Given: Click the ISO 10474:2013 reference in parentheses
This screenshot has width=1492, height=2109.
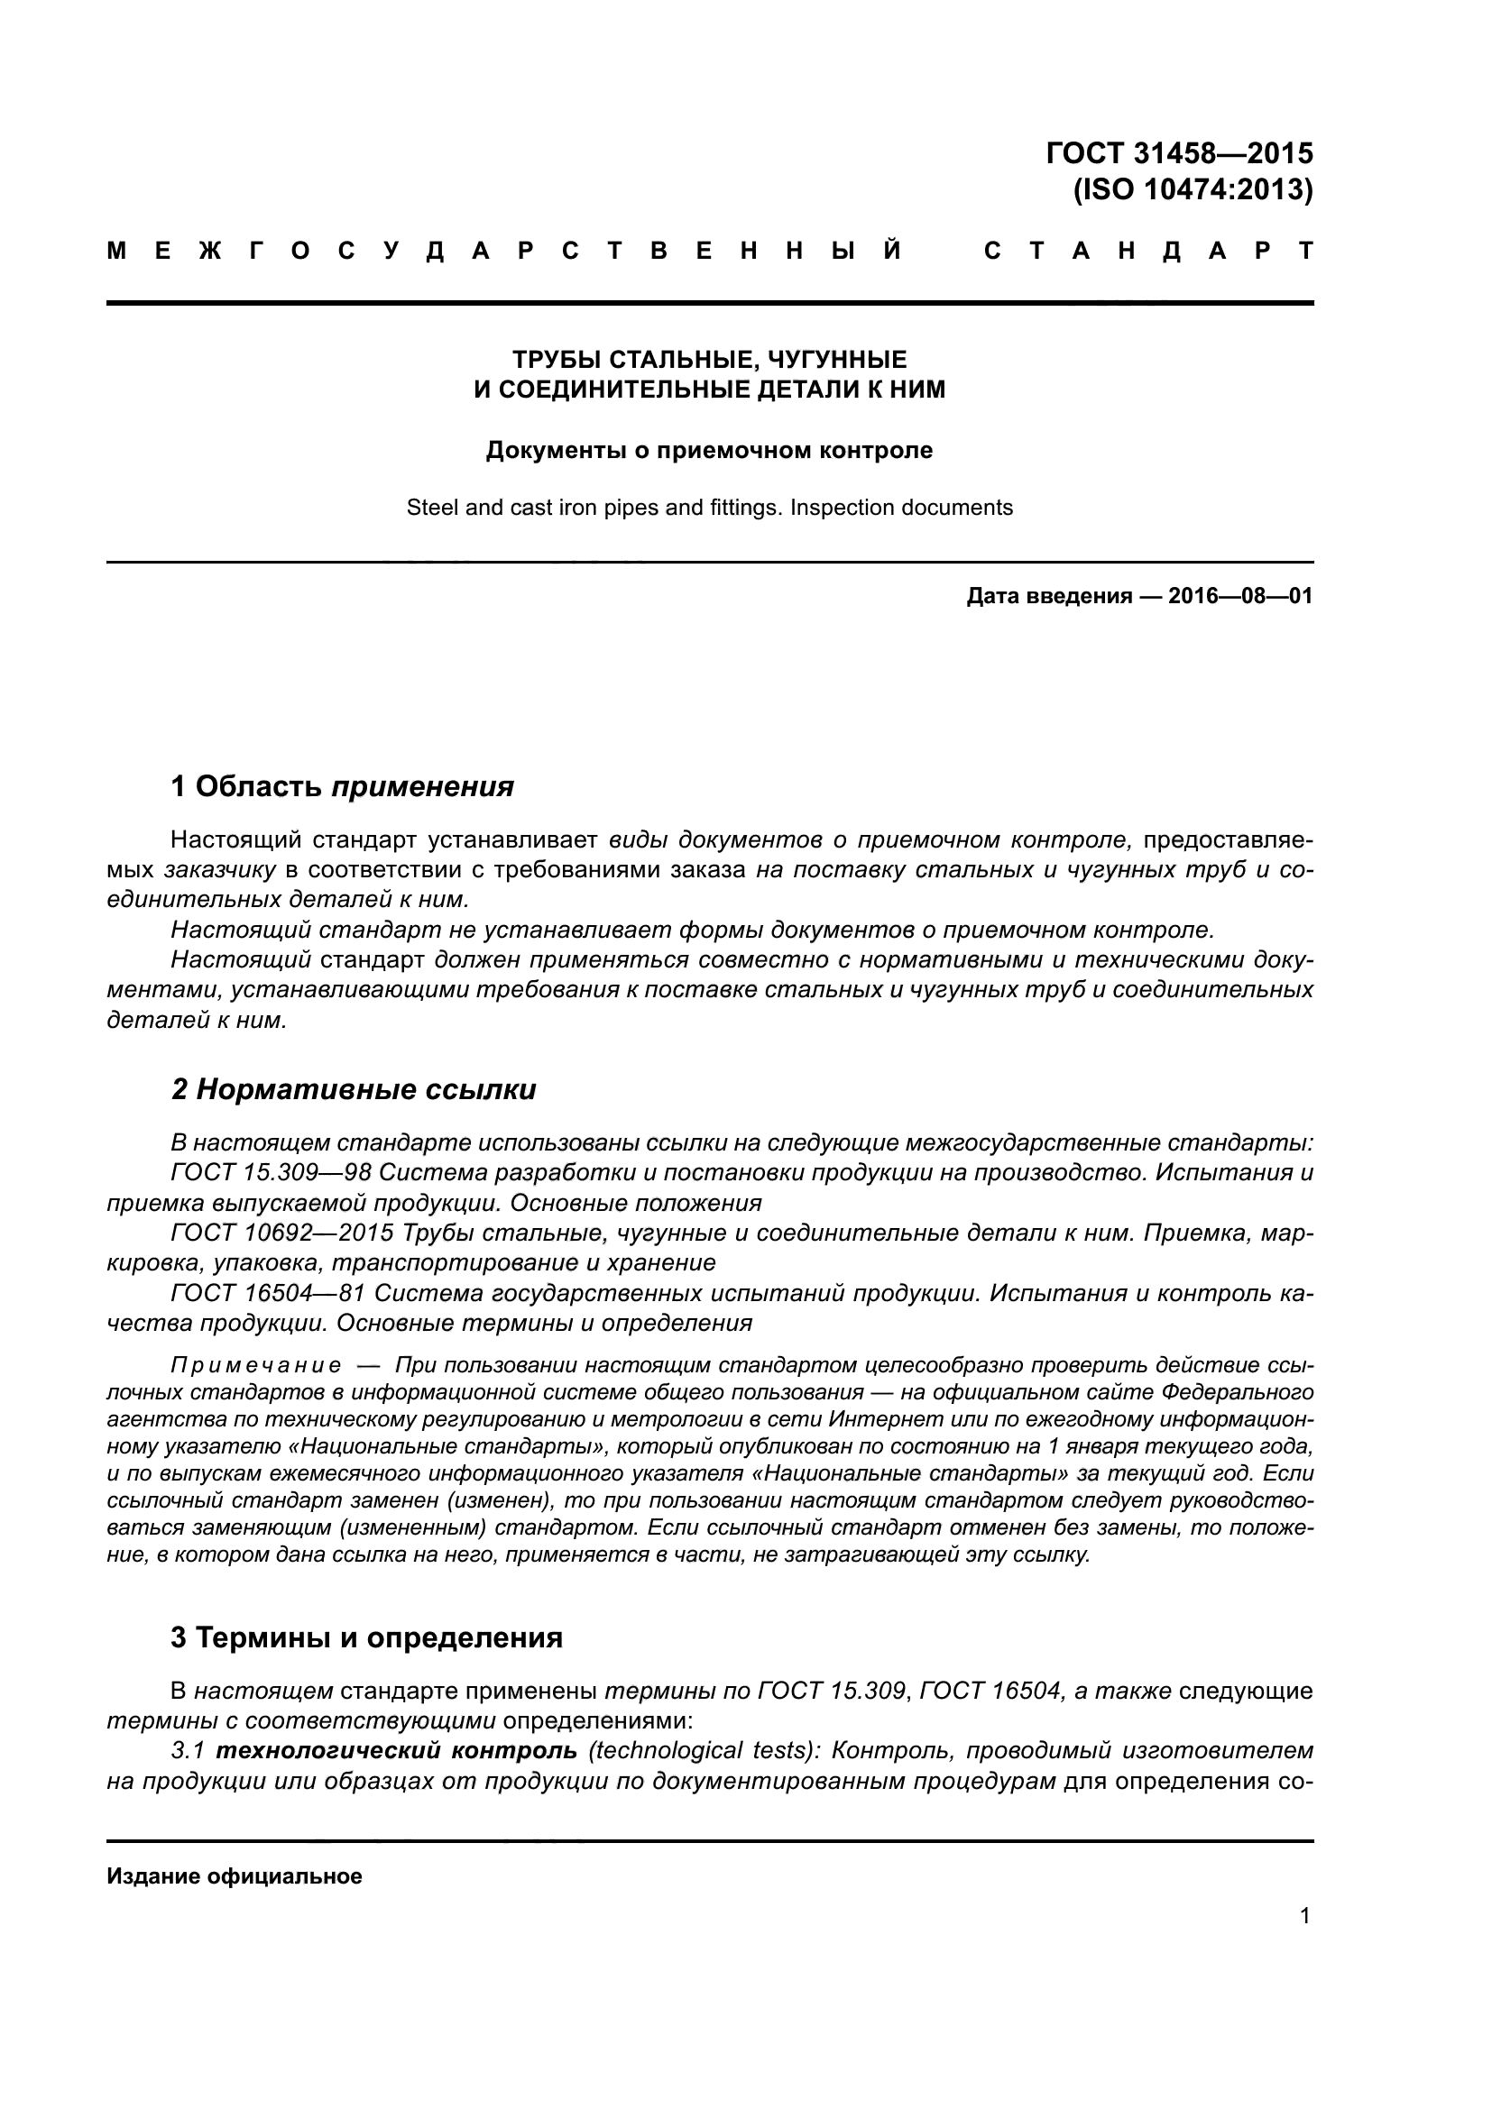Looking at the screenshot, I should coord(1193,190).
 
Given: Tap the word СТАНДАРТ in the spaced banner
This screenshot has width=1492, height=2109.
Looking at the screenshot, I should coord(1147,251).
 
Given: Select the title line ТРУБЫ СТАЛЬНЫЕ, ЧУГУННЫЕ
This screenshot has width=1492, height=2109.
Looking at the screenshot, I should coord(708,358).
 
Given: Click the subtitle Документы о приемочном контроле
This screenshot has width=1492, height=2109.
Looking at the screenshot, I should coord(708,450).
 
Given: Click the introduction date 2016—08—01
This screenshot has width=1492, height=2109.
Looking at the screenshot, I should coord(1239,596).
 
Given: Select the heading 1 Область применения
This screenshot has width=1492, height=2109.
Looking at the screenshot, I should coord(342,786).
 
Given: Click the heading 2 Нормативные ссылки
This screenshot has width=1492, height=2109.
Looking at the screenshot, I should coord(354,1089).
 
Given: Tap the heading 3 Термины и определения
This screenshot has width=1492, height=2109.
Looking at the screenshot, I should coord(366,1637).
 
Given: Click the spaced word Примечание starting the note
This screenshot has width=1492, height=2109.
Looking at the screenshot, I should coord(255,1366).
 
